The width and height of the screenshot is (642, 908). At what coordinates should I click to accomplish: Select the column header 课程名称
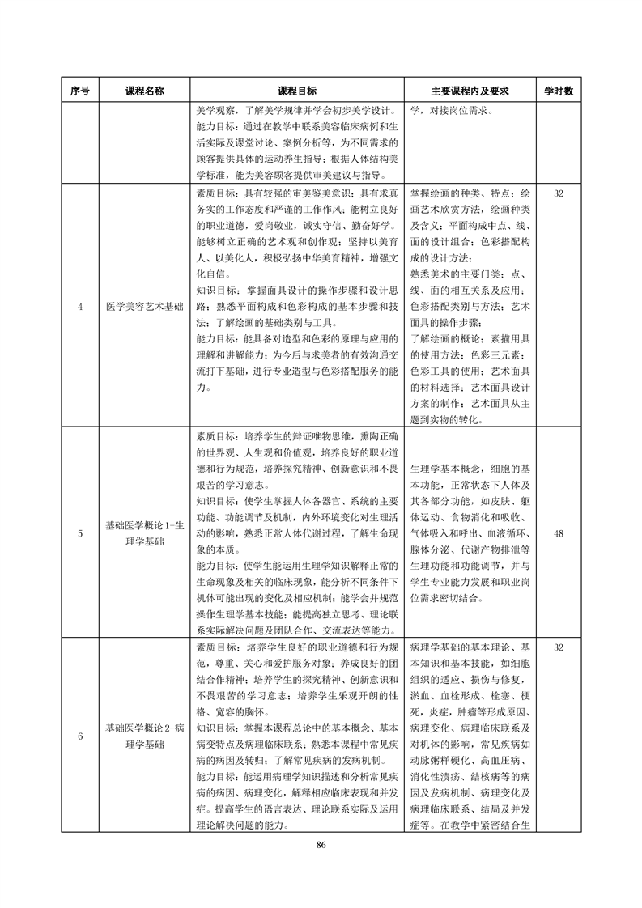(144, 91)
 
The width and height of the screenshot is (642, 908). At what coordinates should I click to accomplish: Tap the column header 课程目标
(297, 91)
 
